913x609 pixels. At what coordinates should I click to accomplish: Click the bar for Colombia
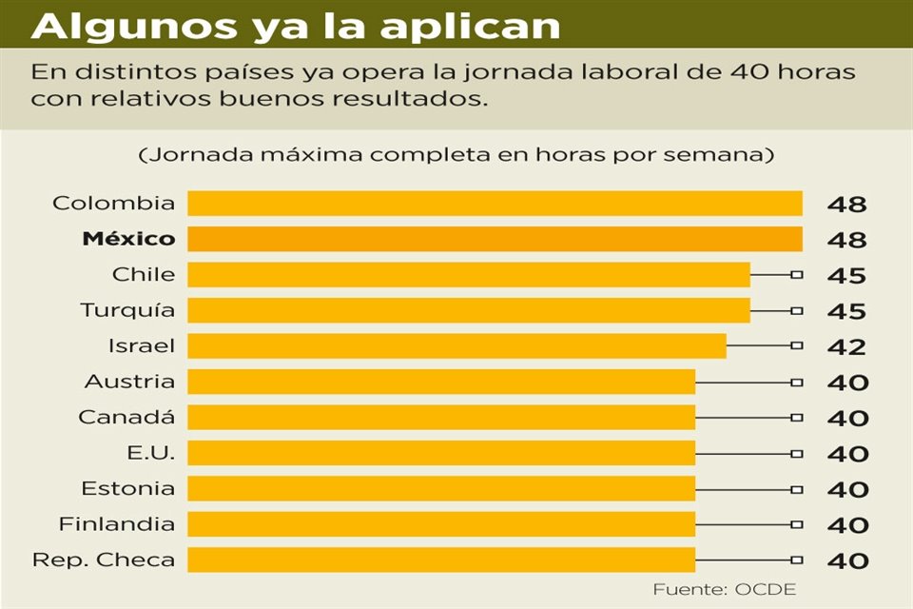(495, 204)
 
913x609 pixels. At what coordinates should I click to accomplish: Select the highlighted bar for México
(495, 239)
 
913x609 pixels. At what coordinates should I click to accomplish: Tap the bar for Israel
(456, 345)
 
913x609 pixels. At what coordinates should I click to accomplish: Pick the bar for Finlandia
(441, 524)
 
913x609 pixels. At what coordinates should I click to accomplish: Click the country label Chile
(144, 275)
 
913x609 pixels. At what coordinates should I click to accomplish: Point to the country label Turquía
(128, 310)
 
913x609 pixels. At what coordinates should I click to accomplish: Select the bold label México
(128, 239)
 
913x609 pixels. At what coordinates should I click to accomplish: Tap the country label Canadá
(126, 418)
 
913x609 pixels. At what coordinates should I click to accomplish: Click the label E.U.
(150, 453)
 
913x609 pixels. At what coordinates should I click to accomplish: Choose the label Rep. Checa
(105, 560)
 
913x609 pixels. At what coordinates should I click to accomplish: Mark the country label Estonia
(128, 489)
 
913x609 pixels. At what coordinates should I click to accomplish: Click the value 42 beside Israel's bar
(846, 347)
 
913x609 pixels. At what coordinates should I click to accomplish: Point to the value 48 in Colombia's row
(846, 205)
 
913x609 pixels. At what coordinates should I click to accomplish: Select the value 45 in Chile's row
(846, 276)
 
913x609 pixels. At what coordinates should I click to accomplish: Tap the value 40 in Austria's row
(846, 383)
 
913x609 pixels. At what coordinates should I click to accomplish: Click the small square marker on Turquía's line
(797, 310)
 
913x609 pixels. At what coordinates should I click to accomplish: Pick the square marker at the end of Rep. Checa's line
(797, 560)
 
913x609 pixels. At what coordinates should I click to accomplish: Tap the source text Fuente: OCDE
(724, 590)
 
